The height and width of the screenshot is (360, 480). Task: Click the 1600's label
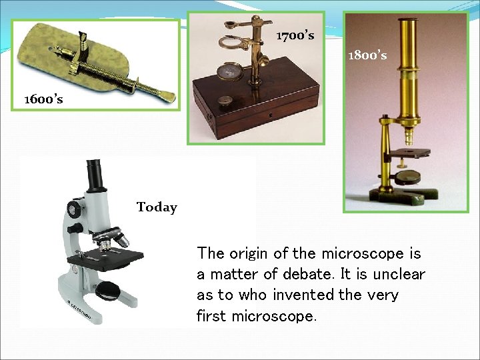coord(43,99)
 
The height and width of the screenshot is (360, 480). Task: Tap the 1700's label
coord(295,35)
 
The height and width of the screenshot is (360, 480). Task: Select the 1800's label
coord(367,55)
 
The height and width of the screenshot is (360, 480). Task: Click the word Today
coord(157,207)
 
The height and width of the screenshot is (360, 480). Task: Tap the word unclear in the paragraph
coord(399,274)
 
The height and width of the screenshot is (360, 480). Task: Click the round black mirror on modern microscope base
coord(107,290)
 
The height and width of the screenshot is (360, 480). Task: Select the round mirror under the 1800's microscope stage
coord(408,177)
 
